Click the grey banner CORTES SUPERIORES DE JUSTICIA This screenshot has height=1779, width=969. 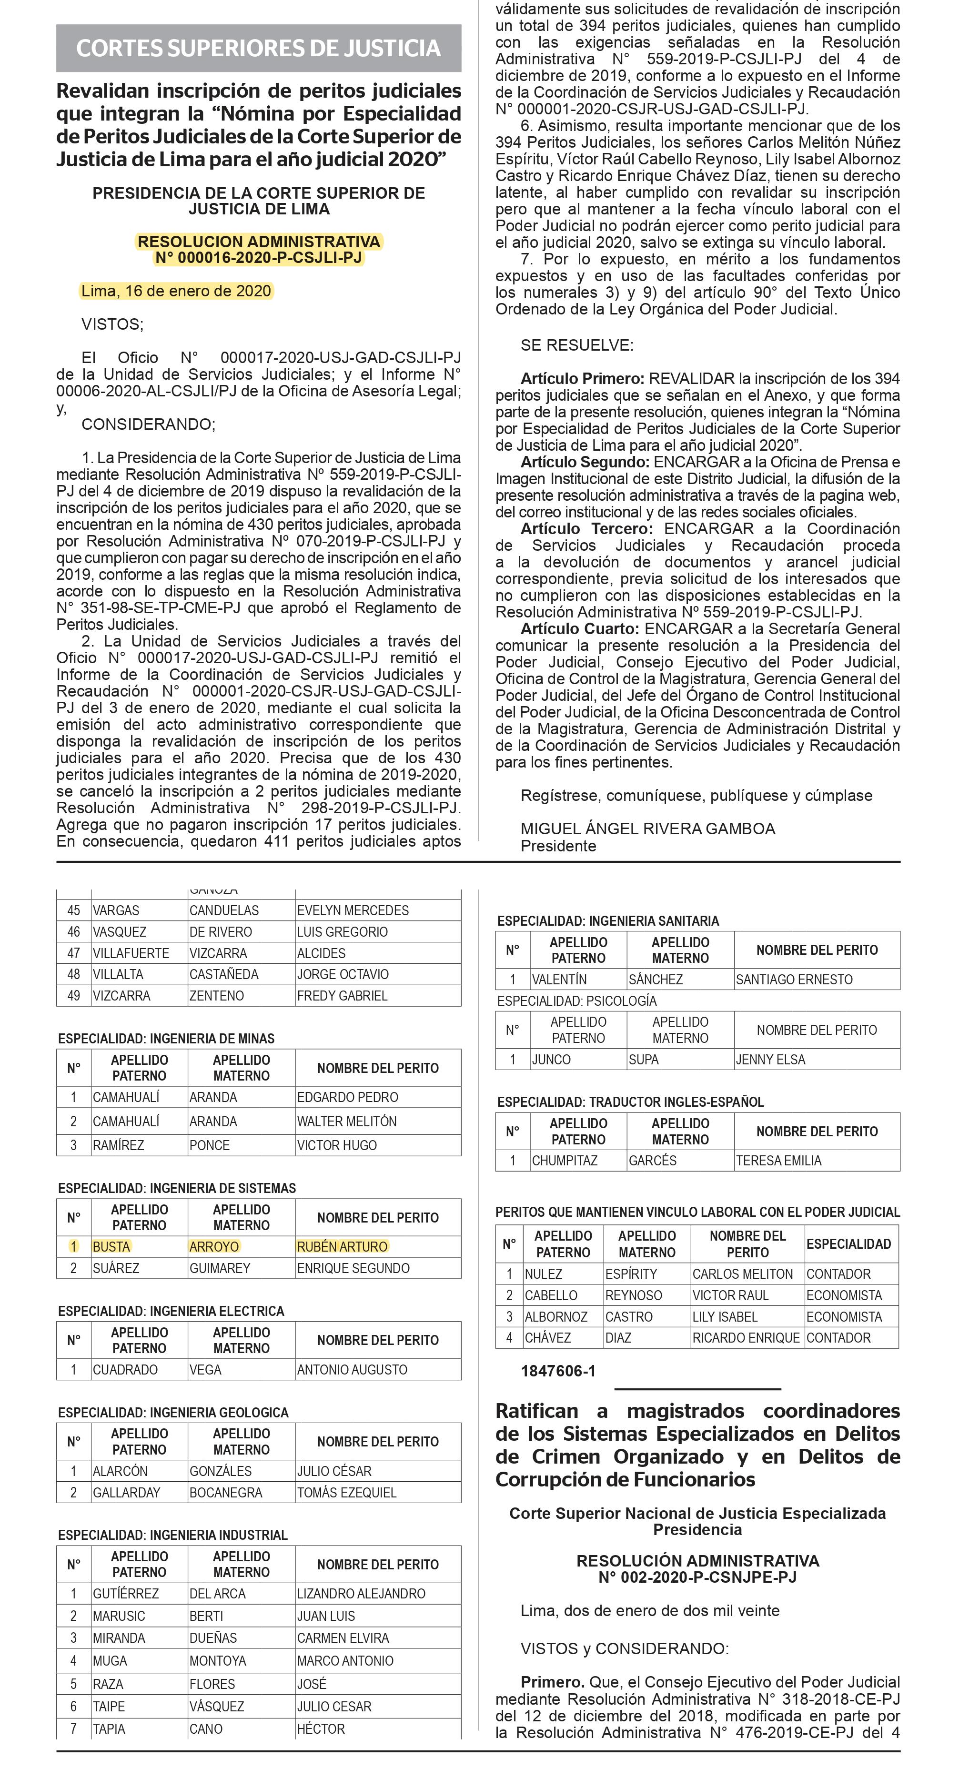pos(258,48)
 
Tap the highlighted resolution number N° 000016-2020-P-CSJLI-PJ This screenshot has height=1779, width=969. pos(258,258)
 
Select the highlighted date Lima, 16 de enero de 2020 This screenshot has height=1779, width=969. pos(176,291)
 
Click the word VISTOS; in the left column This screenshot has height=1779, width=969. pos(112,324)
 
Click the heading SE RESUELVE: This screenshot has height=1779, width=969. pos(577,345)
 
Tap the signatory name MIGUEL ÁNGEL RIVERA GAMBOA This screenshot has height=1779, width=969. pos(647,829)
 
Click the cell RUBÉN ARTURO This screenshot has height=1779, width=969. pos(342,1246)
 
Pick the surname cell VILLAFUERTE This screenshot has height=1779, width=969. pos(131,953)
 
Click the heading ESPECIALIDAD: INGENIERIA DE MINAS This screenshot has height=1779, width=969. pos(166,1039)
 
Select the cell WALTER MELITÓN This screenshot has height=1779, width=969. pos(347,1122)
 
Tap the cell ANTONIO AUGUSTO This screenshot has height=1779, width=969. pos(352,1369)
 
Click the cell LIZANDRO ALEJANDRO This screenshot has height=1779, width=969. pos(361,1594)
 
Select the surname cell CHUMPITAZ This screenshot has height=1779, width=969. pos(564,1161)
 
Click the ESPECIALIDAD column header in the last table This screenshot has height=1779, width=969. pos(848,1244)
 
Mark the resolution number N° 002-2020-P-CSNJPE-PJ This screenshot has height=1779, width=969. pos(697,1577)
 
